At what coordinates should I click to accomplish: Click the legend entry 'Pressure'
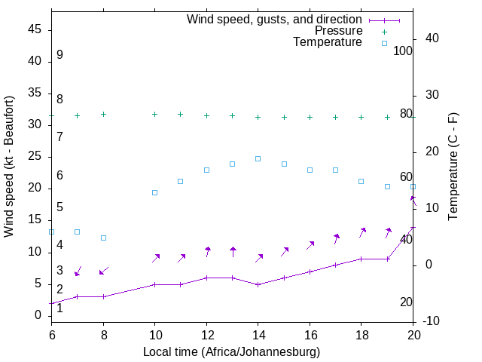pos(338,31)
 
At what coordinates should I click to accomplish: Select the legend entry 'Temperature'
pos(327,42)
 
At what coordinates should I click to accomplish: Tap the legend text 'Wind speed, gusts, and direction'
pos(274,19)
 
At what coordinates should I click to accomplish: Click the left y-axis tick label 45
pos(35,29)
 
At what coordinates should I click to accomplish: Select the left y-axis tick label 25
pos(35,156)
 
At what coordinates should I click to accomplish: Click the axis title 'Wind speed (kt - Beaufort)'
pos(10,166)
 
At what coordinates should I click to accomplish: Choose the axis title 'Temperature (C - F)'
pos(453,166)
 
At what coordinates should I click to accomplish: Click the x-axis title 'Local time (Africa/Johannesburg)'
pos(232,351)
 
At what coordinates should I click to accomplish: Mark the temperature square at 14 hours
pos(258,158)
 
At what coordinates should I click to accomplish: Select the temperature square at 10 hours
pos(154,192)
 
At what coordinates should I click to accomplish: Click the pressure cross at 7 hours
pos(77,115)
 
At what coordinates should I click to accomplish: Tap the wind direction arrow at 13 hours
pos(233,252)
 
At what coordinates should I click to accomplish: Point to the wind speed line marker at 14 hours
pos(258,284)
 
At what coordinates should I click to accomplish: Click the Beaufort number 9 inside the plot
pos(59,55)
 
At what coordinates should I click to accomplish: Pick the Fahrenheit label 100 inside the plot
pos(403,51)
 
